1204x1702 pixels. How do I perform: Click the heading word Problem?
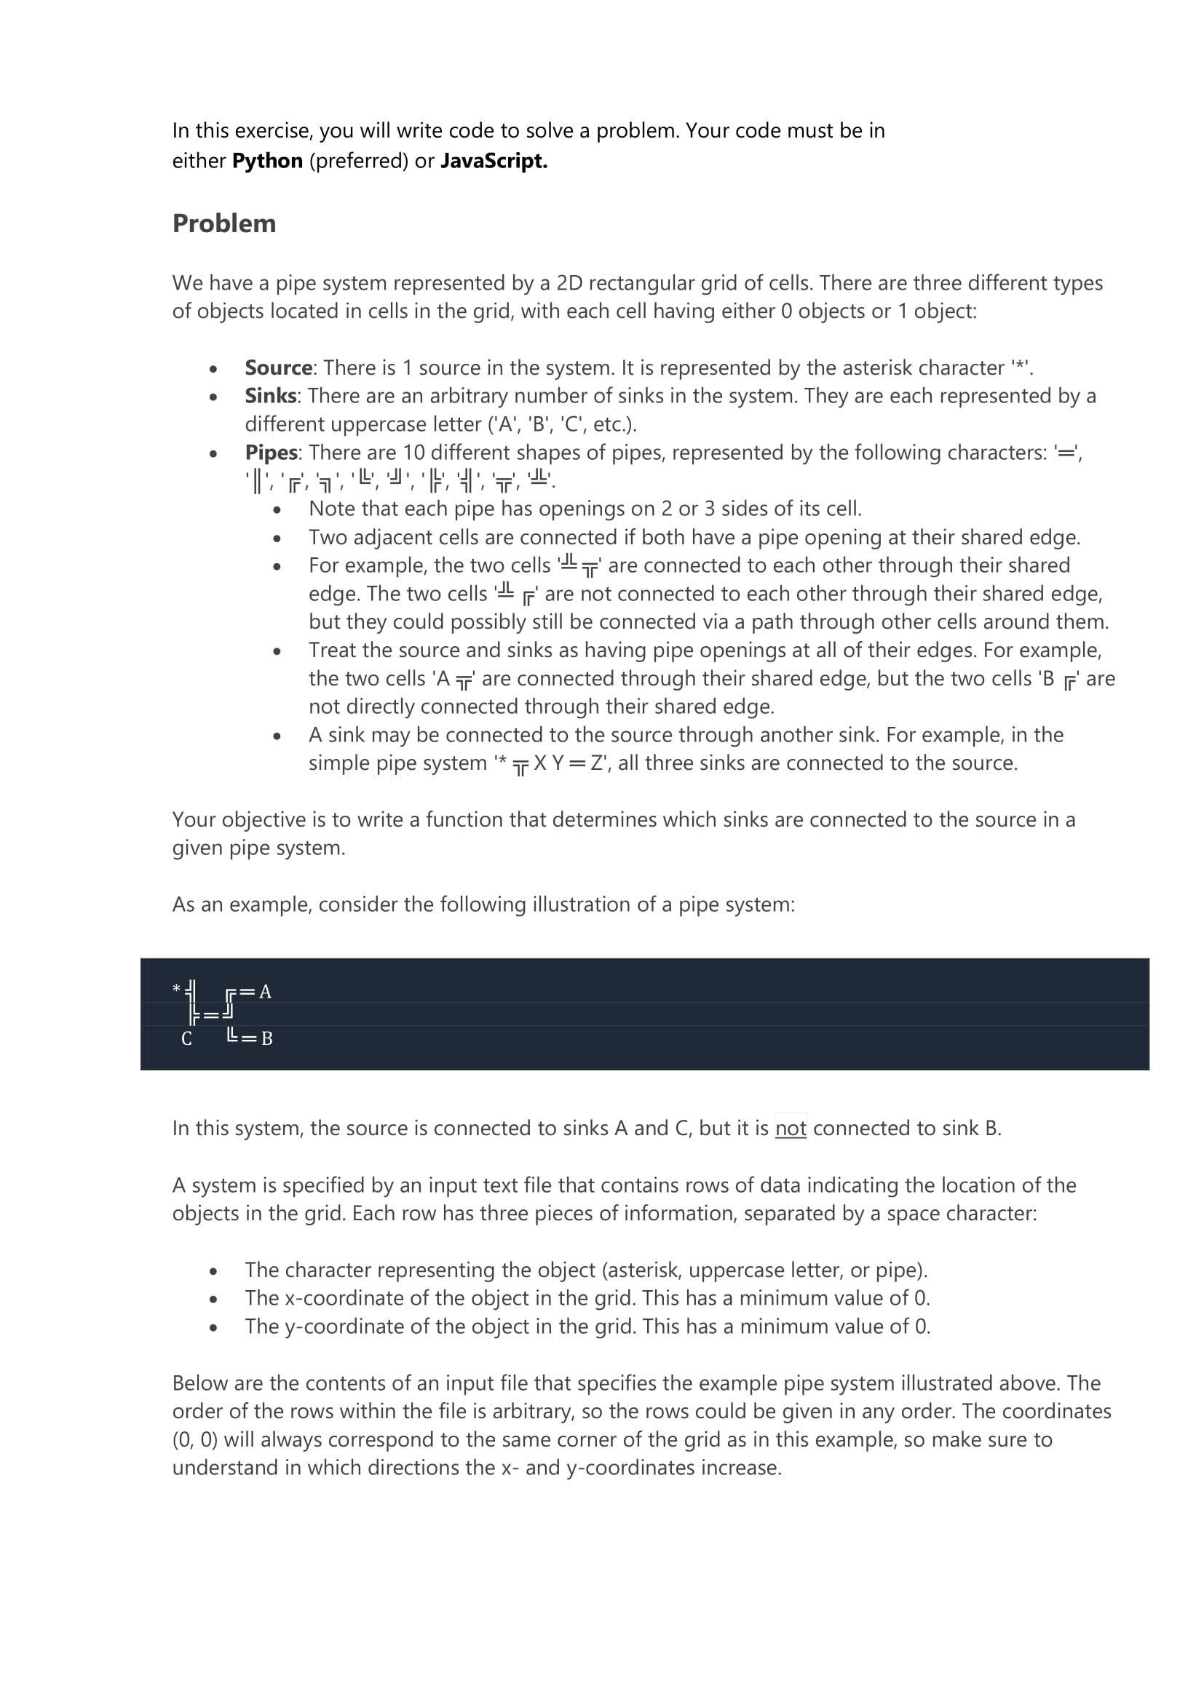pyautogui.click(x=224, y=223)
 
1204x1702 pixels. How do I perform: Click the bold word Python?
pyautogui.click(x=267, y=161)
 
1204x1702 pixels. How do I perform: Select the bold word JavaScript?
pyautogui.click(x=493, y=161)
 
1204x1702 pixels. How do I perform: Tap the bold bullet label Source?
pyautogui.click(x=278, y=367)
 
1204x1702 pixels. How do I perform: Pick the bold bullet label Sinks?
pyautogui.click(x=270, y=396)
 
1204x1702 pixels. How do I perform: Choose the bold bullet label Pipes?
pyautogui.click(x=271, y=452)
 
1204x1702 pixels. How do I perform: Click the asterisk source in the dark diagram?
pyautogui.click(x=176, y=989)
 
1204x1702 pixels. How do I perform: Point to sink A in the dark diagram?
pyautogui.click(x=266, y=992)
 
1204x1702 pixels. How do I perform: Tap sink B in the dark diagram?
pyautogui.click(x=267, y=1038)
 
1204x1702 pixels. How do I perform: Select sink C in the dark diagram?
pyautogui.click(x=186, y=1038)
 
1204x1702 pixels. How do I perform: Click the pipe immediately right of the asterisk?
pyautogui.click(x=191, y=991)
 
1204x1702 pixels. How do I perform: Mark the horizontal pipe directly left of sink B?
pyautogui.click(x=249, y=1038)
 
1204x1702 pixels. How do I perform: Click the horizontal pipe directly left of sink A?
pyautogui.click(x=247, y=992)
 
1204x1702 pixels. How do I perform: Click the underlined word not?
pyautogui.click(x=791, y=1129)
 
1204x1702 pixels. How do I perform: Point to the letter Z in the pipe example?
pyautogui.click(x=597, y=763)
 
